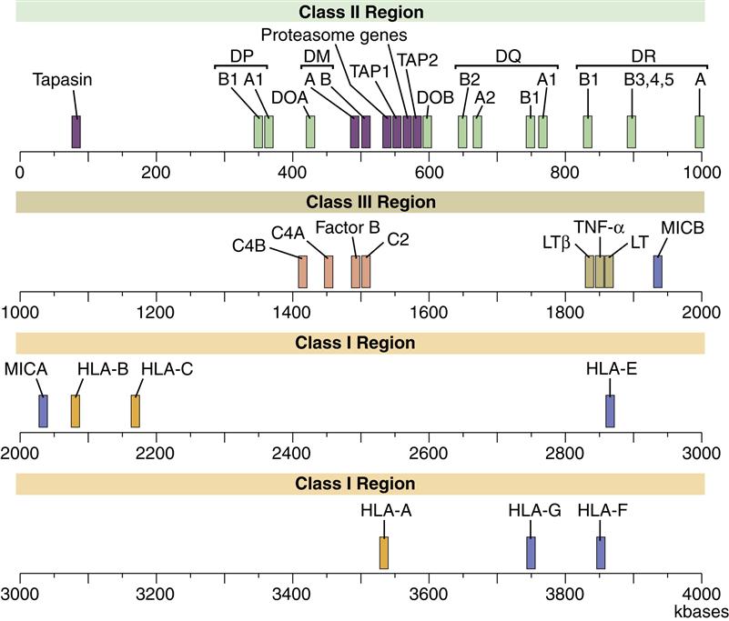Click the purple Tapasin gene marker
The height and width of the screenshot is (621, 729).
(76, 131)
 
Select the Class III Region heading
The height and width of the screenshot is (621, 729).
(360, 202)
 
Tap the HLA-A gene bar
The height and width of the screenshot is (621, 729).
(384, 552)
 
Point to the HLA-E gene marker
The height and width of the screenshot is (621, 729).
(610, 410)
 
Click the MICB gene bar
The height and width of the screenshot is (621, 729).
(658, 271)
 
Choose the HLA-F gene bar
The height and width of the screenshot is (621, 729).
(601, 552)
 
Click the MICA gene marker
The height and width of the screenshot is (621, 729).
(42, 410)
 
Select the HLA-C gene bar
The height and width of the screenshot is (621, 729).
(136, 410)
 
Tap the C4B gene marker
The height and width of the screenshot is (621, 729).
(303, 271)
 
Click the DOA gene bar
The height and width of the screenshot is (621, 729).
(310, 131)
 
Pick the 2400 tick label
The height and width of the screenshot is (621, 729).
(292, 452)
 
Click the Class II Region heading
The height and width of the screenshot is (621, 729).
(360, 12)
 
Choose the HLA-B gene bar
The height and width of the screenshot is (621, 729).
(76, 410)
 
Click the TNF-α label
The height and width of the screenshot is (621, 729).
(599, 226)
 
